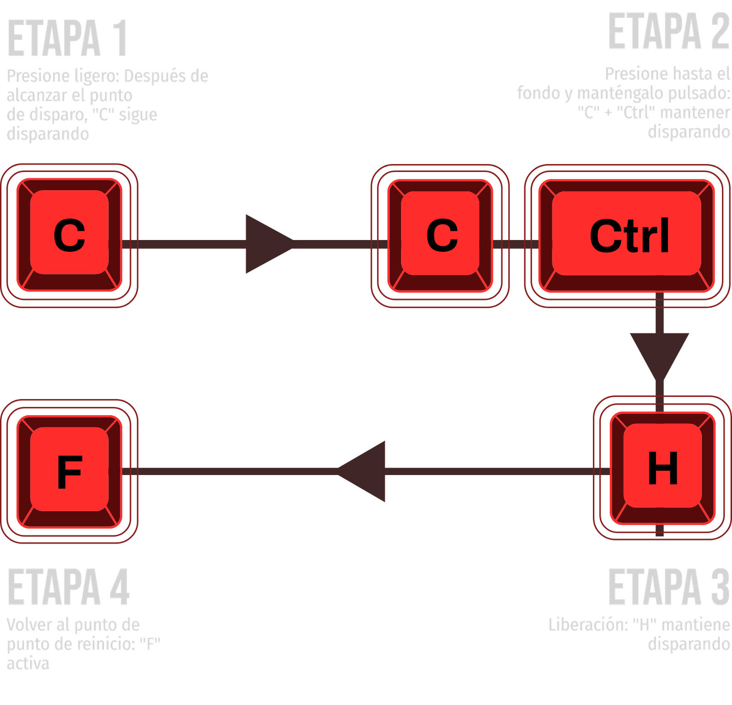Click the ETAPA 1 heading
67,39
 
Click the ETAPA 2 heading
668,32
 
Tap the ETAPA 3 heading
668,587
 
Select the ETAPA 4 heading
69,587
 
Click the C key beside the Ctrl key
441,234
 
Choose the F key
70,471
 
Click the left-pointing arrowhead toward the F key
364,471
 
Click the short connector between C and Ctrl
516,244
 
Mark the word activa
27,664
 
